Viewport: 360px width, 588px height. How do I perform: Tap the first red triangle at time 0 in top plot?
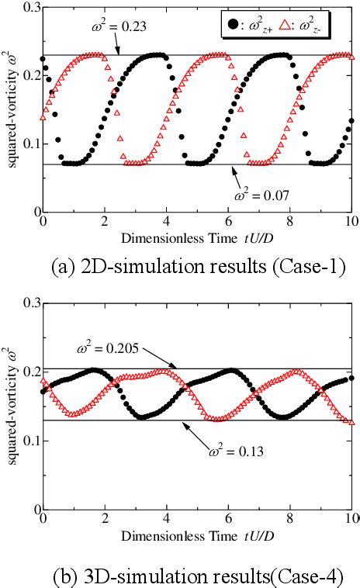click(x=43, y=117)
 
